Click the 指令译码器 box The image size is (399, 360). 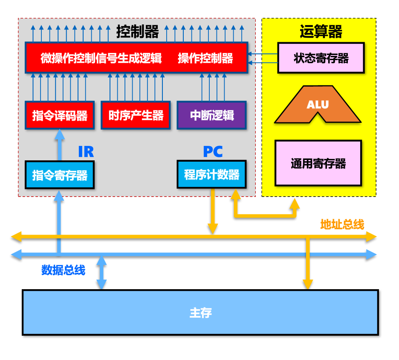60,115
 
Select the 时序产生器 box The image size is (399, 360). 136,115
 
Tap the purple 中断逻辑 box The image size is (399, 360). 211,115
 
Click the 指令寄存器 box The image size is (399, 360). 60,175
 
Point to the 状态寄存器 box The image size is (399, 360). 321,58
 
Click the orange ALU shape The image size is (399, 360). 318,105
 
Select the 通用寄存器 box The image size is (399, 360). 318,163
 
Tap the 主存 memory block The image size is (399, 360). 200,313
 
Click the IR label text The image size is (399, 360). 86,151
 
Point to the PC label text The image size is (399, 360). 212,151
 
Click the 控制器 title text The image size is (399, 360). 137,32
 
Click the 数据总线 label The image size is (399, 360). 63,270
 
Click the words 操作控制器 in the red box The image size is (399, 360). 205,58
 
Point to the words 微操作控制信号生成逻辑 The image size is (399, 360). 101,58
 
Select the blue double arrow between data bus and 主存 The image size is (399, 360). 101,273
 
